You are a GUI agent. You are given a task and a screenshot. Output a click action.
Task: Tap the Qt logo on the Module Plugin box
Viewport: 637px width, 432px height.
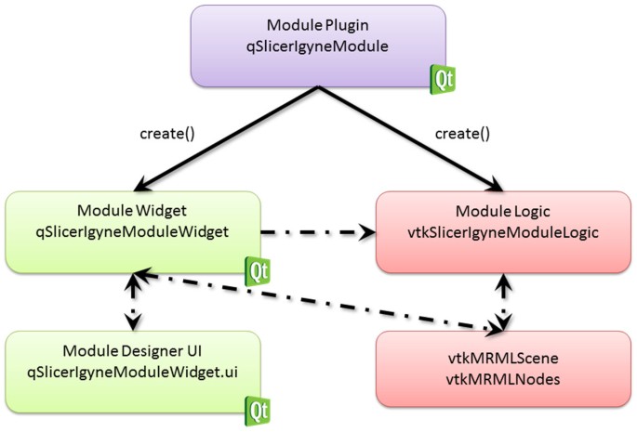pyautogui.click(x=442, y=79)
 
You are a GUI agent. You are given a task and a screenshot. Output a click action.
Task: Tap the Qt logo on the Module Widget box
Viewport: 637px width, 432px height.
pyautogui.click(x=258, y=271)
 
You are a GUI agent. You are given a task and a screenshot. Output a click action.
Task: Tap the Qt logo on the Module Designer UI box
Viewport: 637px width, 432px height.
pyautogui.click(x=258, y=407)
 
